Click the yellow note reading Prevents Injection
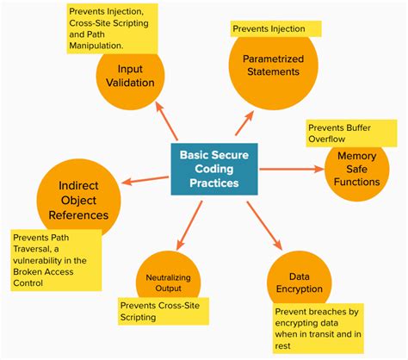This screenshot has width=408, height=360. [x=276, y=28]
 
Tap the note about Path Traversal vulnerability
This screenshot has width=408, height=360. [x=56, y=260]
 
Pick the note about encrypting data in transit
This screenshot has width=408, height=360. [x=318, y=326]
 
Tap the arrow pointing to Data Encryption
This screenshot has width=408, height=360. [x=264, y=225]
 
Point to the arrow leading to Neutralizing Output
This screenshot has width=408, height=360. [x=185, y=227]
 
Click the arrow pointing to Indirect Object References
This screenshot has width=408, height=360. [x=145, y=180]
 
